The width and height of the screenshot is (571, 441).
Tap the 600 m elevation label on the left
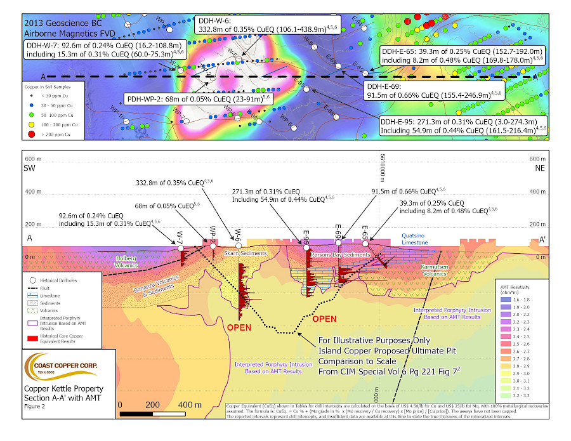[30, 158]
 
